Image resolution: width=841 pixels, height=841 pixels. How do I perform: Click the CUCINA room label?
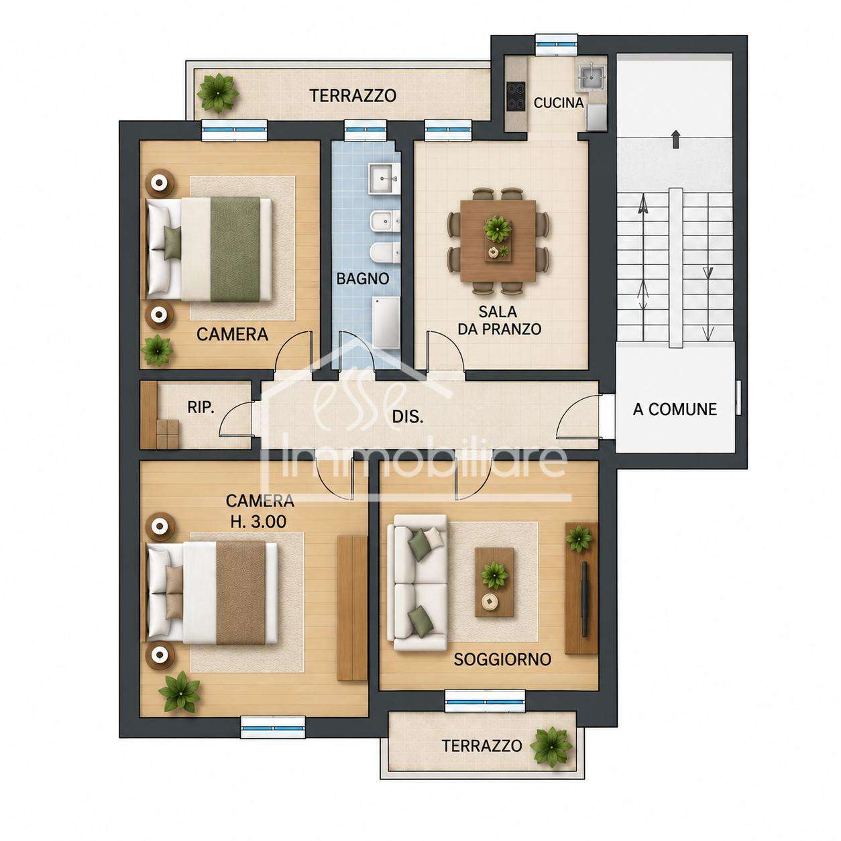pyautogui.click(x=558, y=103)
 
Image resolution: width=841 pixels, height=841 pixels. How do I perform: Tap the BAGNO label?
pyautogui.click(x=362, y=278)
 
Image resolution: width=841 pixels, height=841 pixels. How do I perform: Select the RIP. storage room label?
pyautogui.click(x=201, y=407)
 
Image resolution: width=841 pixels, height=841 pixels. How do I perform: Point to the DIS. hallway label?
pyautogui.click(x=408, y=416)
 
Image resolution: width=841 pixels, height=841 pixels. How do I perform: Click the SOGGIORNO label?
pyautogui.click(x=502, y=659)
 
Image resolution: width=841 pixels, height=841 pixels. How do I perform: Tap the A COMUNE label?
pyautogui.click(x=675, y=409)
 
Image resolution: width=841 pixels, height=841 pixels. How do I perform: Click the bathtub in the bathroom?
pyautogui.click(x=386, y=323)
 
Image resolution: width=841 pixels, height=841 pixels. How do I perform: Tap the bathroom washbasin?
pyautogui.click(x=384, y=178)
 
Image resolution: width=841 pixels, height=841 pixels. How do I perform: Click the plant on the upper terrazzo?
pyautogui.click(x=217, y=93)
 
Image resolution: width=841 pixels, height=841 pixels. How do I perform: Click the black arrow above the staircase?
pyautogui.click(x=675, y=139)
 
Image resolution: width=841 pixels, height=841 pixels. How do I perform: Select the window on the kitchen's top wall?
pyautogui.click(x=557, y=45)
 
